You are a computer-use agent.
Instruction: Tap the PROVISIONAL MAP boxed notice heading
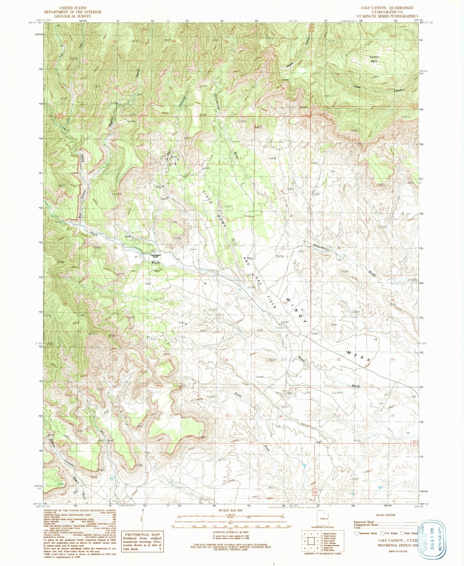click(x=142, y=535)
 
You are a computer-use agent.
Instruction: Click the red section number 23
click(x=227, y=304)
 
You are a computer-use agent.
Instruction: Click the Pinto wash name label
click(x=238, y=395)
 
